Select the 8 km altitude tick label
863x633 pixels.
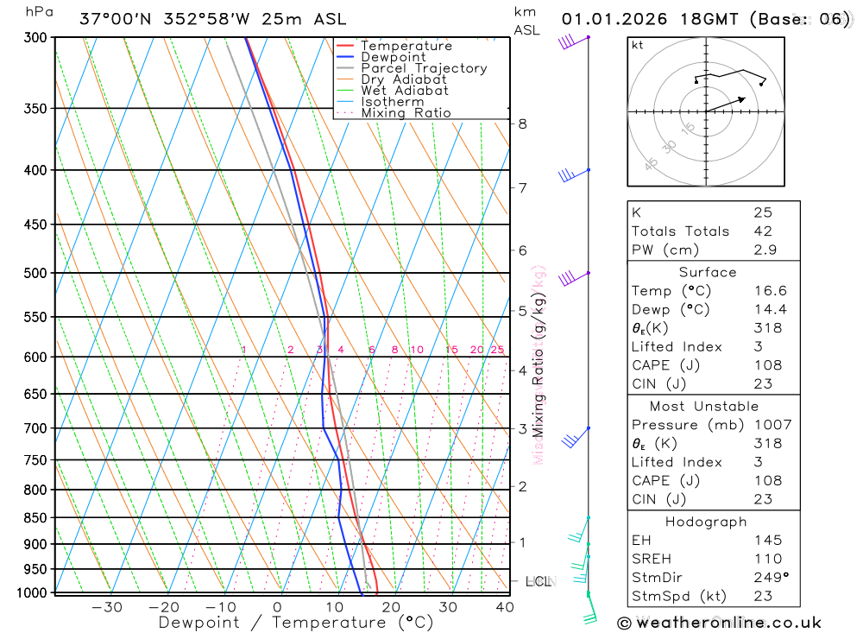522,123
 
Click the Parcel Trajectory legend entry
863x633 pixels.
424,68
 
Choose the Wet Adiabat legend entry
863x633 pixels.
405,91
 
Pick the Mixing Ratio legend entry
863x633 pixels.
406,113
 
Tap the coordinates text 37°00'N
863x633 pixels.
113,19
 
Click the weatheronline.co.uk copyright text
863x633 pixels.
720,623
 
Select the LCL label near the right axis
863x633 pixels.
539,581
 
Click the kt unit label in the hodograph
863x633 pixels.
638,45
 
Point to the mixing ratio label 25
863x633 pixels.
497,350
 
